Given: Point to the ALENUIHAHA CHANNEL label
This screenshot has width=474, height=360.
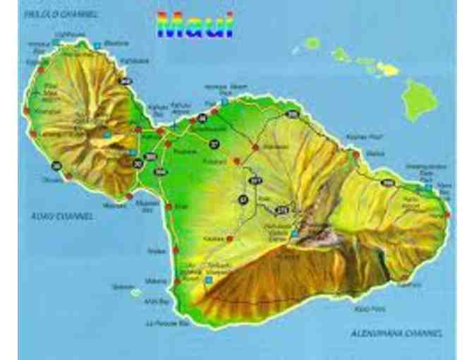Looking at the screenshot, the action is pos(396,332).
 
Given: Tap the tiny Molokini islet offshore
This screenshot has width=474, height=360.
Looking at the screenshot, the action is pos(136,292).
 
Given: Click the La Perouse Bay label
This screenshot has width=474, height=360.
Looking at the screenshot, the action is pos(167,323).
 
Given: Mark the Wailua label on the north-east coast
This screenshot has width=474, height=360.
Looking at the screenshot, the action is pos(375,151).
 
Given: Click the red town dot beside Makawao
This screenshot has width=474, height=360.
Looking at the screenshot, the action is pos(255,147).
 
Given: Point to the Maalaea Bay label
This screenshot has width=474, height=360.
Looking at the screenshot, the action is pos(147,204).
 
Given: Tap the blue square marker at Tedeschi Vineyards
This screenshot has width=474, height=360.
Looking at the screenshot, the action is pos(208,280).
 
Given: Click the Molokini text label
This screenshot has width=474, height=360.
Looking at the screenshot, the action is pos(121,287).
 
